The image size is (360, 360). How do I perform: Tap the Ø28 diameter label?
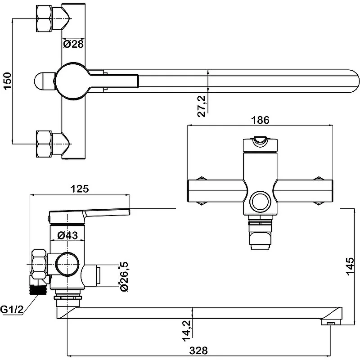[72, 44]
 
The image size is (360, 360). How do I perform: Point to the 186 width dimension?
[260, 120]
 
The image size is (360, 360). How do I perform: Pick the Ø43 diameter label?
[67, 234]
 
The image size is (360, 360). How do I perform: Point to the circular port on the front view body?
[261, 201]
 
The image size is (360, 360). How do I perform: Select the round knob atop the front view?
[260, 142]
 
